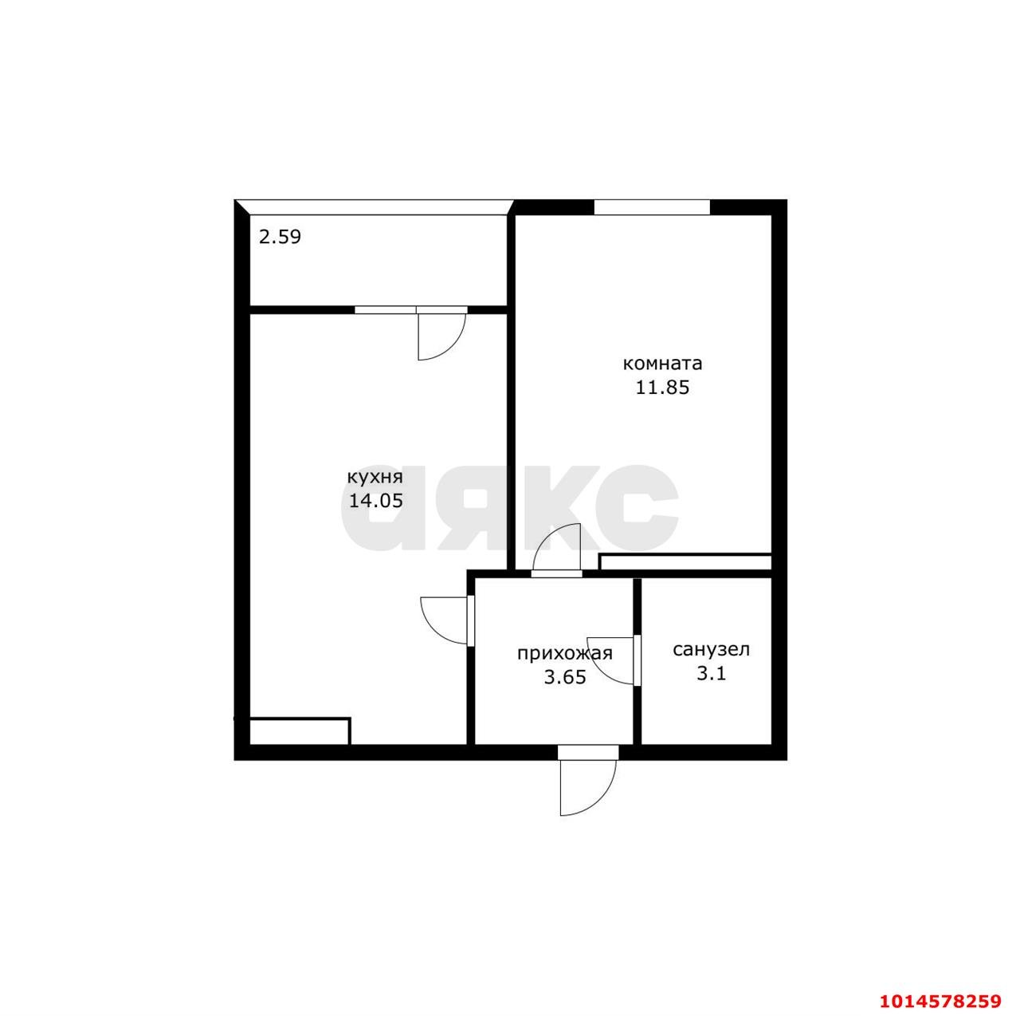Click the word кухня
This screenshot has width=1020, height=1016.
[375, 477]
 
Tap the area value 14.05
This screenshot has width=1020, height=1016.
[375, 501]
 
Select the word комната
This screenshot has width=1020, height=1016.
[662, 364]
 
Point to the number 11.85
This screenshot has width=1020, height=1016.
[663, 388]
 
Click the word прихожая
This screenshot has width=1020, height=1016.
[565, 653]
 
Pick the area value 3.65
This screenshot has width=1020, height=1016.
[565, 677]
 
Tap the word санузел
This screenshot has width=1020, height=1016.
[712, 649]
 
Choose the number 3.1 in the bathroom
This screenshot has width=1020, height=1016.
[711, 673]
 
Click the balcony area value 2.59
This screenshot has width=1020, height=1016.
[280, 236]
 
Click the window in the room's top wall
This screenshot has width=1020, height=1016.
[652, 207]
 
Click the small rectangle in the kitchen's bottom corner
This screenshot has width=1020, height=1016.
[299, 731]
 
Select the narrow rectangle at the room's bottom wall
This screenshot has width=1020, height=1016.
[685, 562]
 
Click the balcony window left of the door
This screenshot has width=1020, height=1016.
[386, 310]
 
